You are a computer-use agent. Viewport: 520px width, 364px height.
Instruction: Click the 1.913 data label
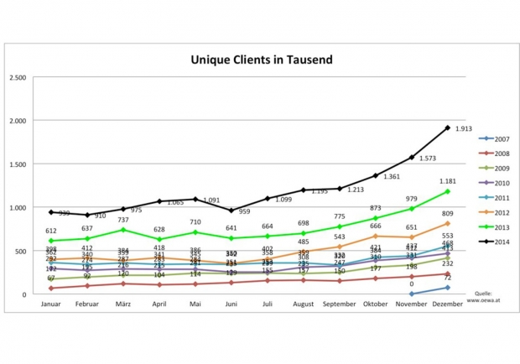coord(464,128)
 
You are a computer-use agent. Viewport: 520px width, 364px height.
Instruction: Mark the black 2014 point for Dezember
coord(447,128)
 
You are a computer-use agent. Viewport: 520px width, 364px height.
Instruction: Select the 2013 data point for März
coord(123,230)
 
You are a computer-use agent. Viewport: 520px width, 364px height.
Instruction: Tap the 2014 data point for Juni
coord(231,211)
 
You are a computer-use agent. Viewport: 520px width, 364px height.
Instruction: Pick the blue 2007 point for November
coord(411,294)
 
